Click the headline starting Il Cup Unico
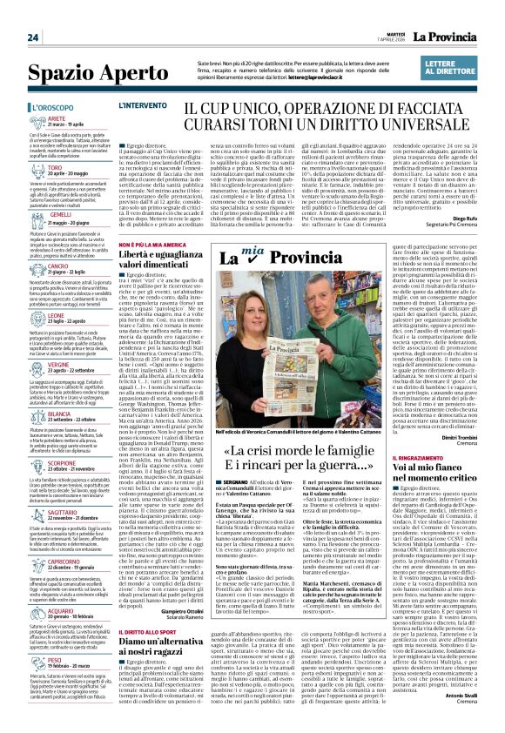pos(310,112)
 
